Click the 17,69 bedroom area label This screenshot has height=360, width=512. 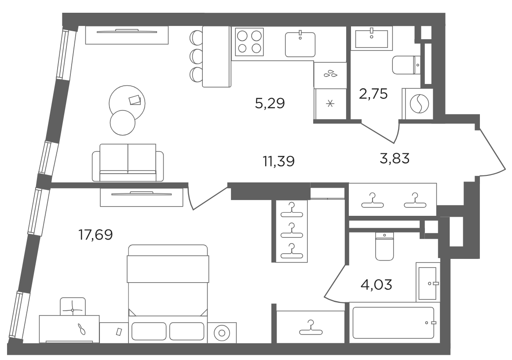click(96, 235)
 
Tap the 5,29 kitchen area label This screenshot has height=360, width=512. click(270, 103)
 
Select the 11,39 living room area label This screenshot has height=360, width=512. click(278, 161)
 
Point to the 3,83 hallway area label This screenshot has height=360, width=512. click(395, 159)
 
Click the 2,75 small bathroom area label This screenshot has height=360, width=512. click(373, 94)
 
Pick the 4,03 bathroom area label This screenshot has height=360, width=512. click(376, 284)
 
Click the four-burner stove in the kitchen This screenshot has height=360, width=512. click(249, 42)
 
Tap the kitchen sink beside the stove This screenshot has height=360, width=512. click(300, 44)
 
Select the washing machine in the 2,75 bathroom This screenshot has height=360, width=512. click(418, 103)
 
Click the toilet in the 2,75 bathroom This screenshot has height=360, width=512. click(406, 65)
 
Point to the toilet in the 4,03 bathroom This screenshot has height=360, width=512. click(384, 247)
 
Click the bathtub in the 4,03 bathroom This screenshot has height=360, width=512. click(394, 323)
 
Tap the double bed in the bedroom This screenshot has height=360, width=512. click(168, 294)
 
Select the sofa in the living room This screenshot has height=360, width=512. click(128, 163)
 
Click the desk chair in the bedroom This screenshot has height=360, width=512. click(73, 306)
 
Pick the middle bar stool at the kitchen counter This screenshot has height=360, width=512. click(196, 56)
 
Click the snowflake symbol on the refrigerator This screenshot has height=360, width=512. click(330, 104)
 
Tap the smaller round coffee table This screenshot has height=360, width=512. click(122, 123)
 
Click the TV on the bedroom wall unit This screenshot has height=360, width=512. click(141, 193)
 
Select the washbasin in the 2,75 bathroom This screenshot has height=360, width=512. click(372, 38)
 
